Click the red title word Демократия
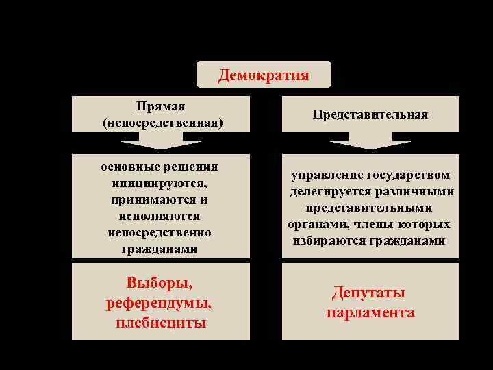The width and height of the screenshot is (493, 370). [264, 75]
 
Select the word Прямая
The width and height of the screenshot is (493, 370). [161, 107]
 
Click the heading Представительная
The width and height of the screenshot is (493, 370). [370, 114]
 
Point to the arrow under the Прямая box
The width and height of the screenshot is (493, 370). [161, 143]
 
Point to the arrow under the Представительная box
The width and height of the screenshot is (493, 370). [370, 143]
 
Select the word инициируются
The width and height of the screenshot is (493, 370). [160, 183]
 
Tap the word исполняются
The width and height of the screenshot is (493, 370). [160, 216]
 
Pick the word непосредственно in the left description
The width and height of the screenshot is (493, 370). [160, 232]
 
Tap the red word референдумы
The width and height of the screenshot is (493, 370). [160, 302]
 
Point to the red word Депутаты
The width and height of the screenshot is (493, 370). [368, 293]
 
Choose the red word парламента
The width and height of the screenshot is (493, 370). [370, 312]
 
